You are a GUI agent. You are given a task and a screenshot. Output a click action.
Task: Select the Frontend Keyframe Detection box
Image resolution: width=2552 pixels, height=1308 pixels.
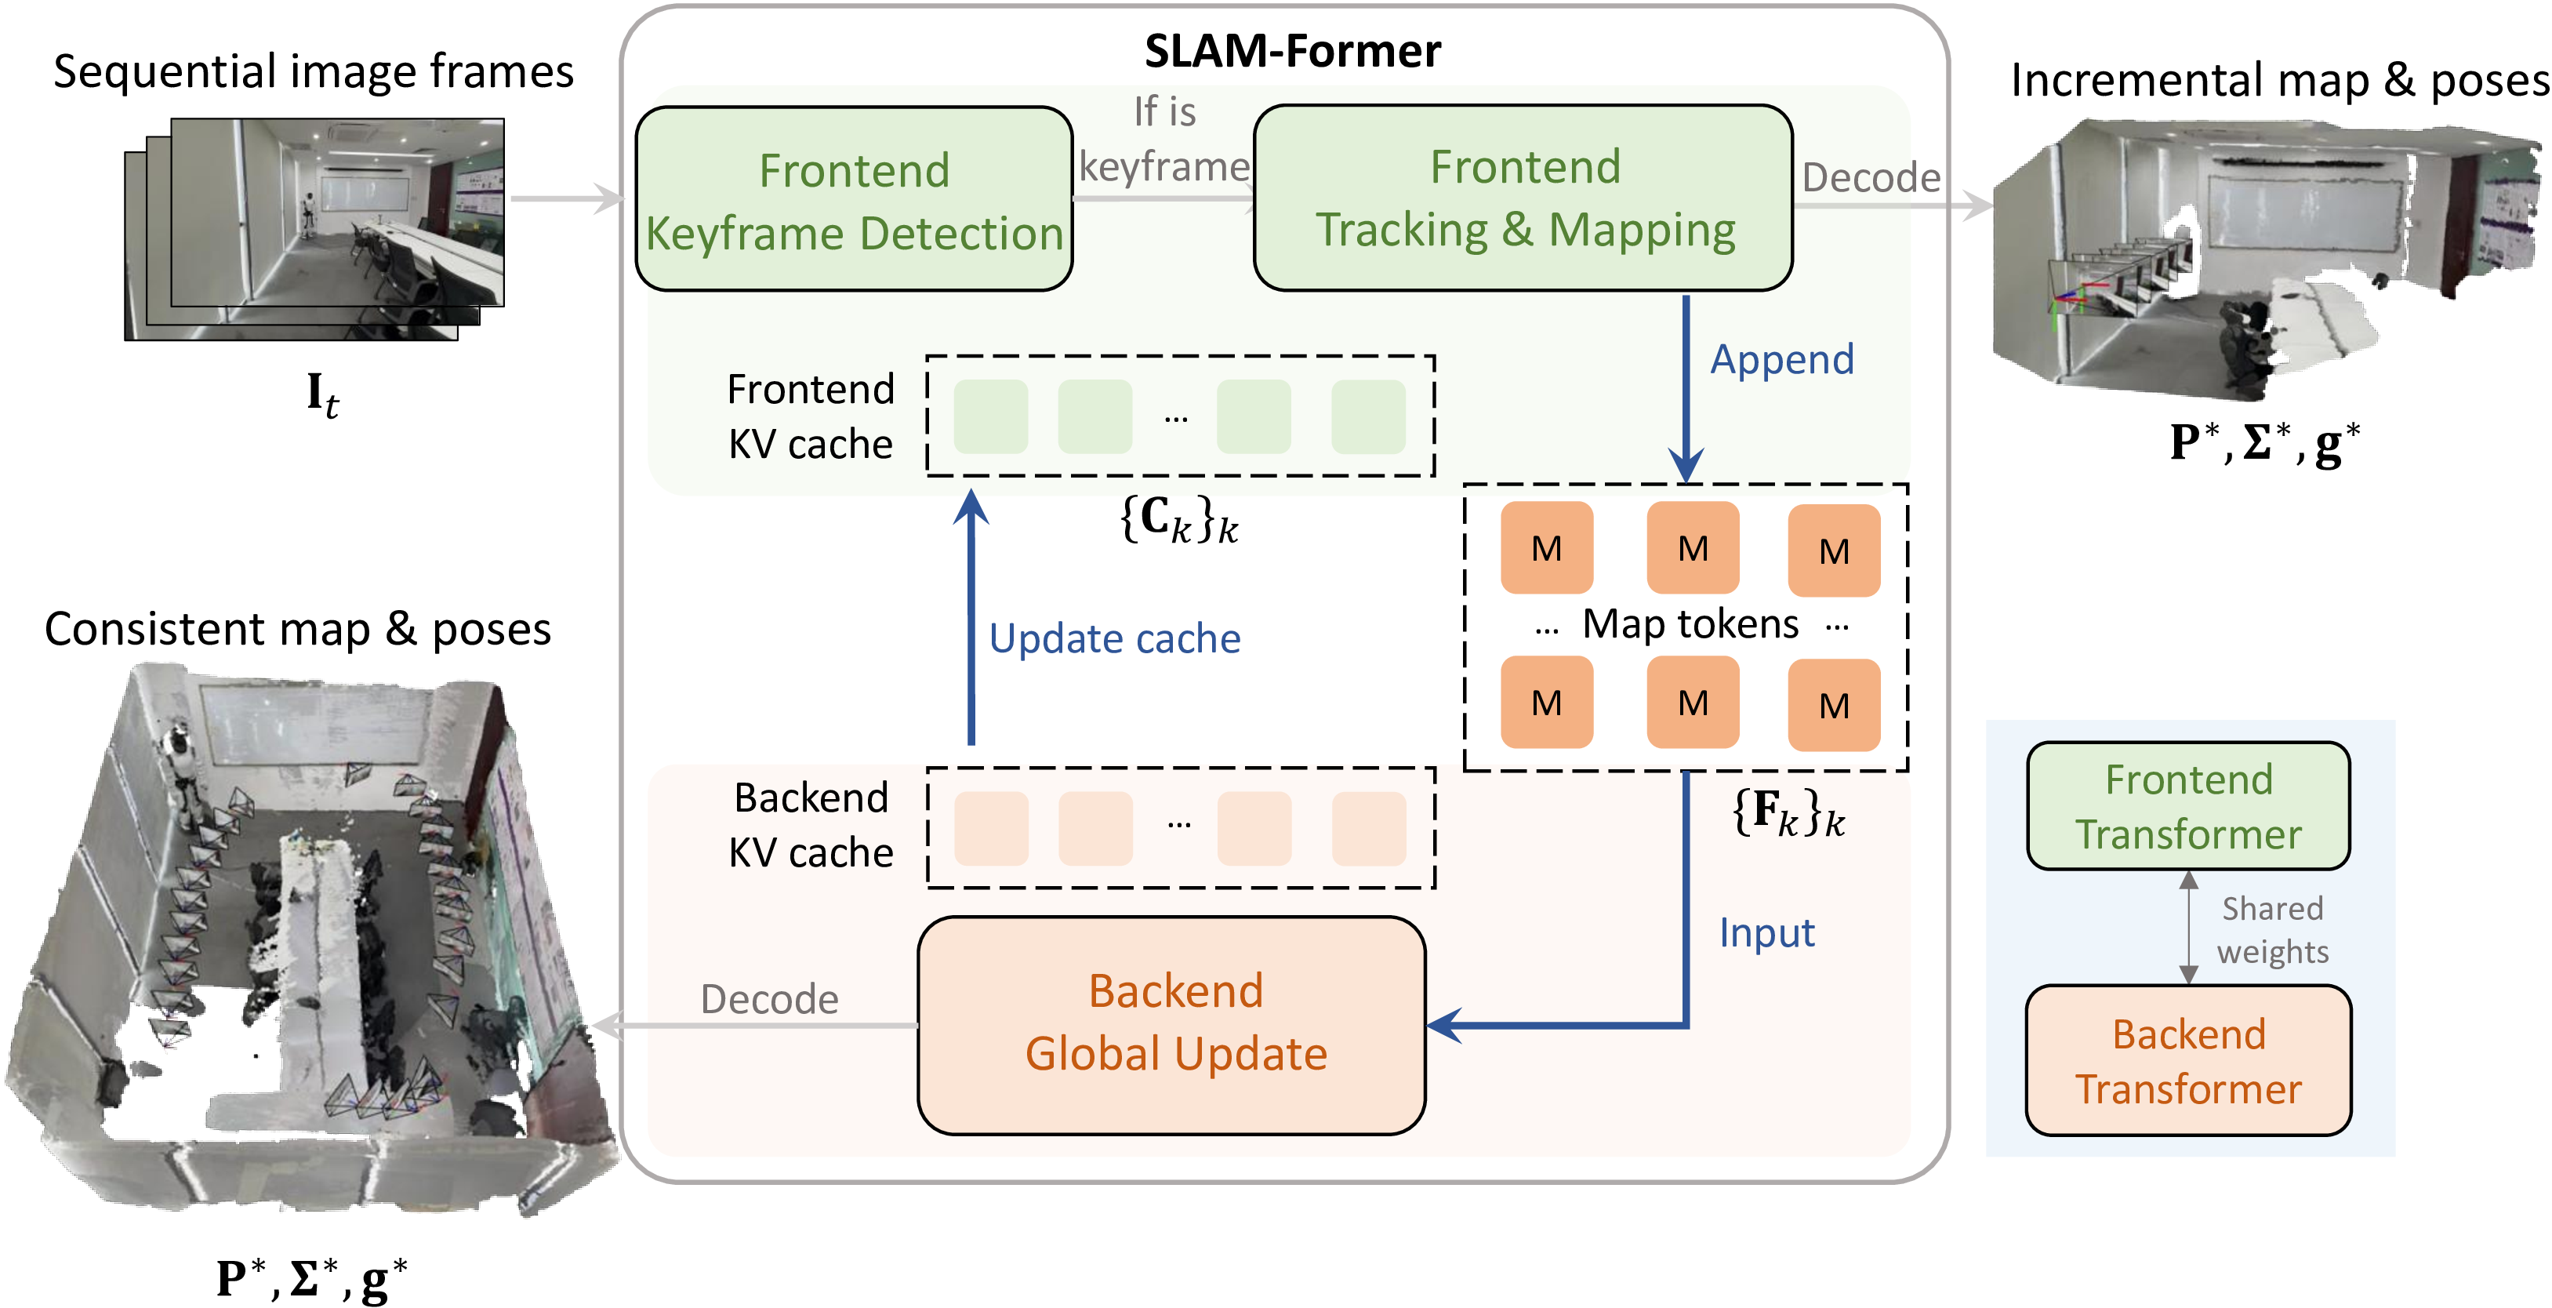(854, 200)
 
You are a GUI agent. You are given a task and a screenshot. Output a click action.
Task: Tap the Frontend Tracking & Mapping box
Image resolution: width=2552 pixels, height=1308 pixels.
(1523, 198)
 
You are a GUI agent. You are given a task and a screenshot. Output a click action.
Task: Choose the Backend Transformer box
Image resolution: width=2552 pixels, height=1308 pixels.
(2187, 1060)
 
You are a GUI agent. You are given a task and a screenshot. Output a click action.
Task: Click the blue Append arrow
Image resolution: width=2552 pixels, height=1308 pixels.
(1686, 387)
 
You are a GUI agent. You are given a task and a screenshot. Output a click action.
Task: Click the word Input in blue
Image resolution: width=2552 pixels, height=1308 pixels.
(1766, 932)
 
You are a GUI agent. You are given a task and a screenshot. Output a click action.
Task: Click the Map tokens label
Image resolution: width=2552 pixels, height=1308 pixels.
(1690, 624)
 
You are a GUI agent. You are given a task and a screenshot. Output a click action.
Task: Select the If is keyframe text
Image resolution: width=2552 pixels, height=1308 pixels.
(1164, 139)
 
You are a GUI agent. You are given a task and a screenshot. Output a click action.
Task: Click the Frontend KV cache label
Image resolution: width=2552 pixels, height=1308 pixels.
(811, 416)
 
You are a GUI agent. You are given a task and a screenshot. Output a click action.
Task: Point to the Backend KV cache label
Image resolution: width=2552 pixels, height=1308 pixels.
(811, 824)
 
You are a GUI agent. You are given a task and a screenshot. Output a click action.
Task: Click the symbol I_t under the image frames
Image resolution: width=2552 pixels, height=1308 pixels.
(322, 394)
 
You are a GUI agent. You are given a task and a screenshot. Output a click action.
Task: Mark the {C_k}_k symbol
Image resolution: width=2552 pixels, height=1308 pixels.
(1179, 518)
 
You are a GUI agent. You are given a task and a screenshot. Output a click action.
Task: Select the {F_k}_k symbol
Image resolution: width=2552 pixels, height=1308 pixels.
(1789, 812)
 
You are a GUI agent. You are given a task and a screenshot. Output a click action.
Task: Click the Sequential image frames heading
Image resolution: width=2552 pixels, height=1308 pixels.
(313, 71)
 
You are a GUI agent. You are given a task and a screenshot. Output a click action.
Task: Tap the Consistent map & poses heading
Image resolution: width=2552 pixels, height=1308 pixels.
(297, 628)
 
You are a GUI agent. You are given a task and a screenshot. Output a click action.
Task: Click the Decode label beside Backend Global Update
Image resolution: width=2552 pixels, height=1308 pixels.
(769, 999)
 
